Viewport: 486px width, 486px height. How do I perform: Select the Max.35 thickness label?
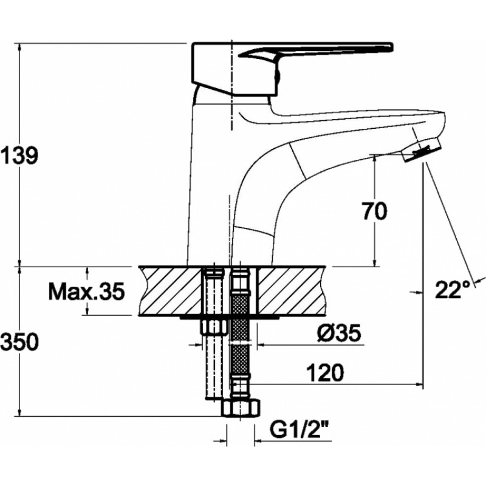[x=86, y=291]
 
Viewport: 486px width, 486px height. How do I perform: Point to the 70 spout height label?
[x=374, y=211]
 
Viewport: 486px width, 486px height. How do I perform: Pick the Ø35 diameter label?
[x=339, y=334]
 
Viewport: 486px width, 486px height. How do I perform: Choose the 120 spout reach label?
[x=325, y=372]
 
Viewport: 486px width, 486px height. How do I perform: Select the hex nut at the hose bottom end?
[x=241, y=408]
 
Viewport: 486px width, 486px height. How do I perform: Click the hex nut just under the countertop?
[x=214, y=326]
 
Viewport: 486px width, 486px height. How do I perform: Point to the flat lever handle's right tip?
[x=392, y=47]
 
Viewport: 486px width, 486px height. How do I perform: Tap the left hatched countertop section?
[x=171, y=291]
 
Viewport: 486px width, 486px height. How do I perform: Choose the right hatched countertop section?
[x=292, y=291]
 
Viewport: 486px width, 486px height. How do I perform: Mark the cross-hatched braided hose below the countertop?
[x=240, y=335]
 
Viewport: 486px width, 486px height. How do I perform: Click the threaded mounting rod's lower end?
[x=214, y=398]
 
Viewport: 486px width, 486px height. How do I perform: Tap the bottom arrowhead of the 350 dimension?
[x=20, y=412]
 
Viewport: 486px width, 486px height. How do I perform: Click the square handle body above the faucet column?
[x=234, y=68]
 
